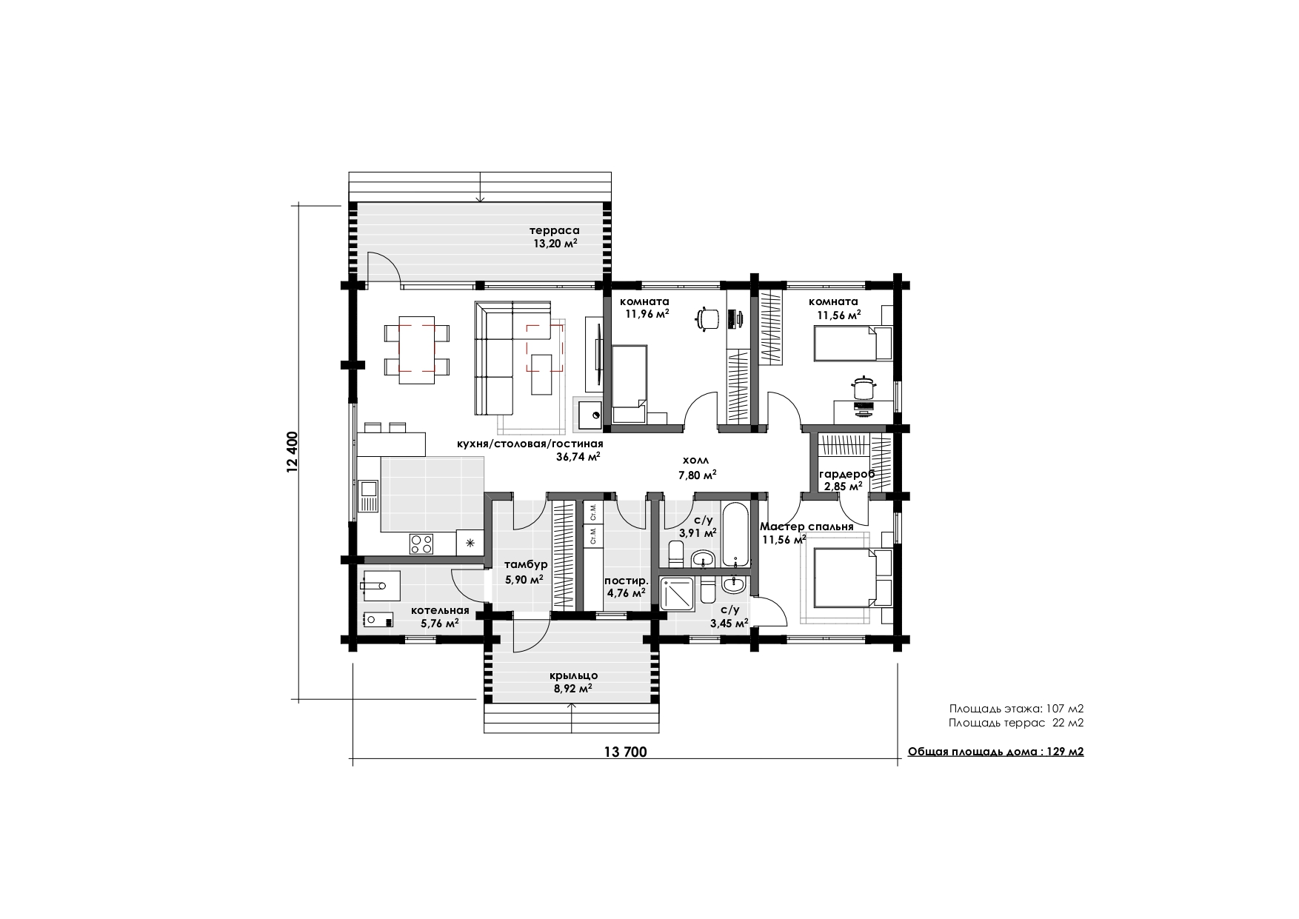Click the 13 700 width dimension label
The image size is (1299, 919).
(626, 752)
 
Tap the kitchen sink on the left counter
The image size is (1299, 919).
(368, 495)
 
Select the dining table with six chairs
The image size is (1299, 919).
(416, 350)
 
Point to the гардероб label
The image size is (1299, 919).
(846, 474)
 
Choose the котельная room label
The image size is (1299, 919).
(441, 610)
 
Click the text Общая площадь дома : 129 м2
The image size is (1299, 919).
(996, 752)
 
